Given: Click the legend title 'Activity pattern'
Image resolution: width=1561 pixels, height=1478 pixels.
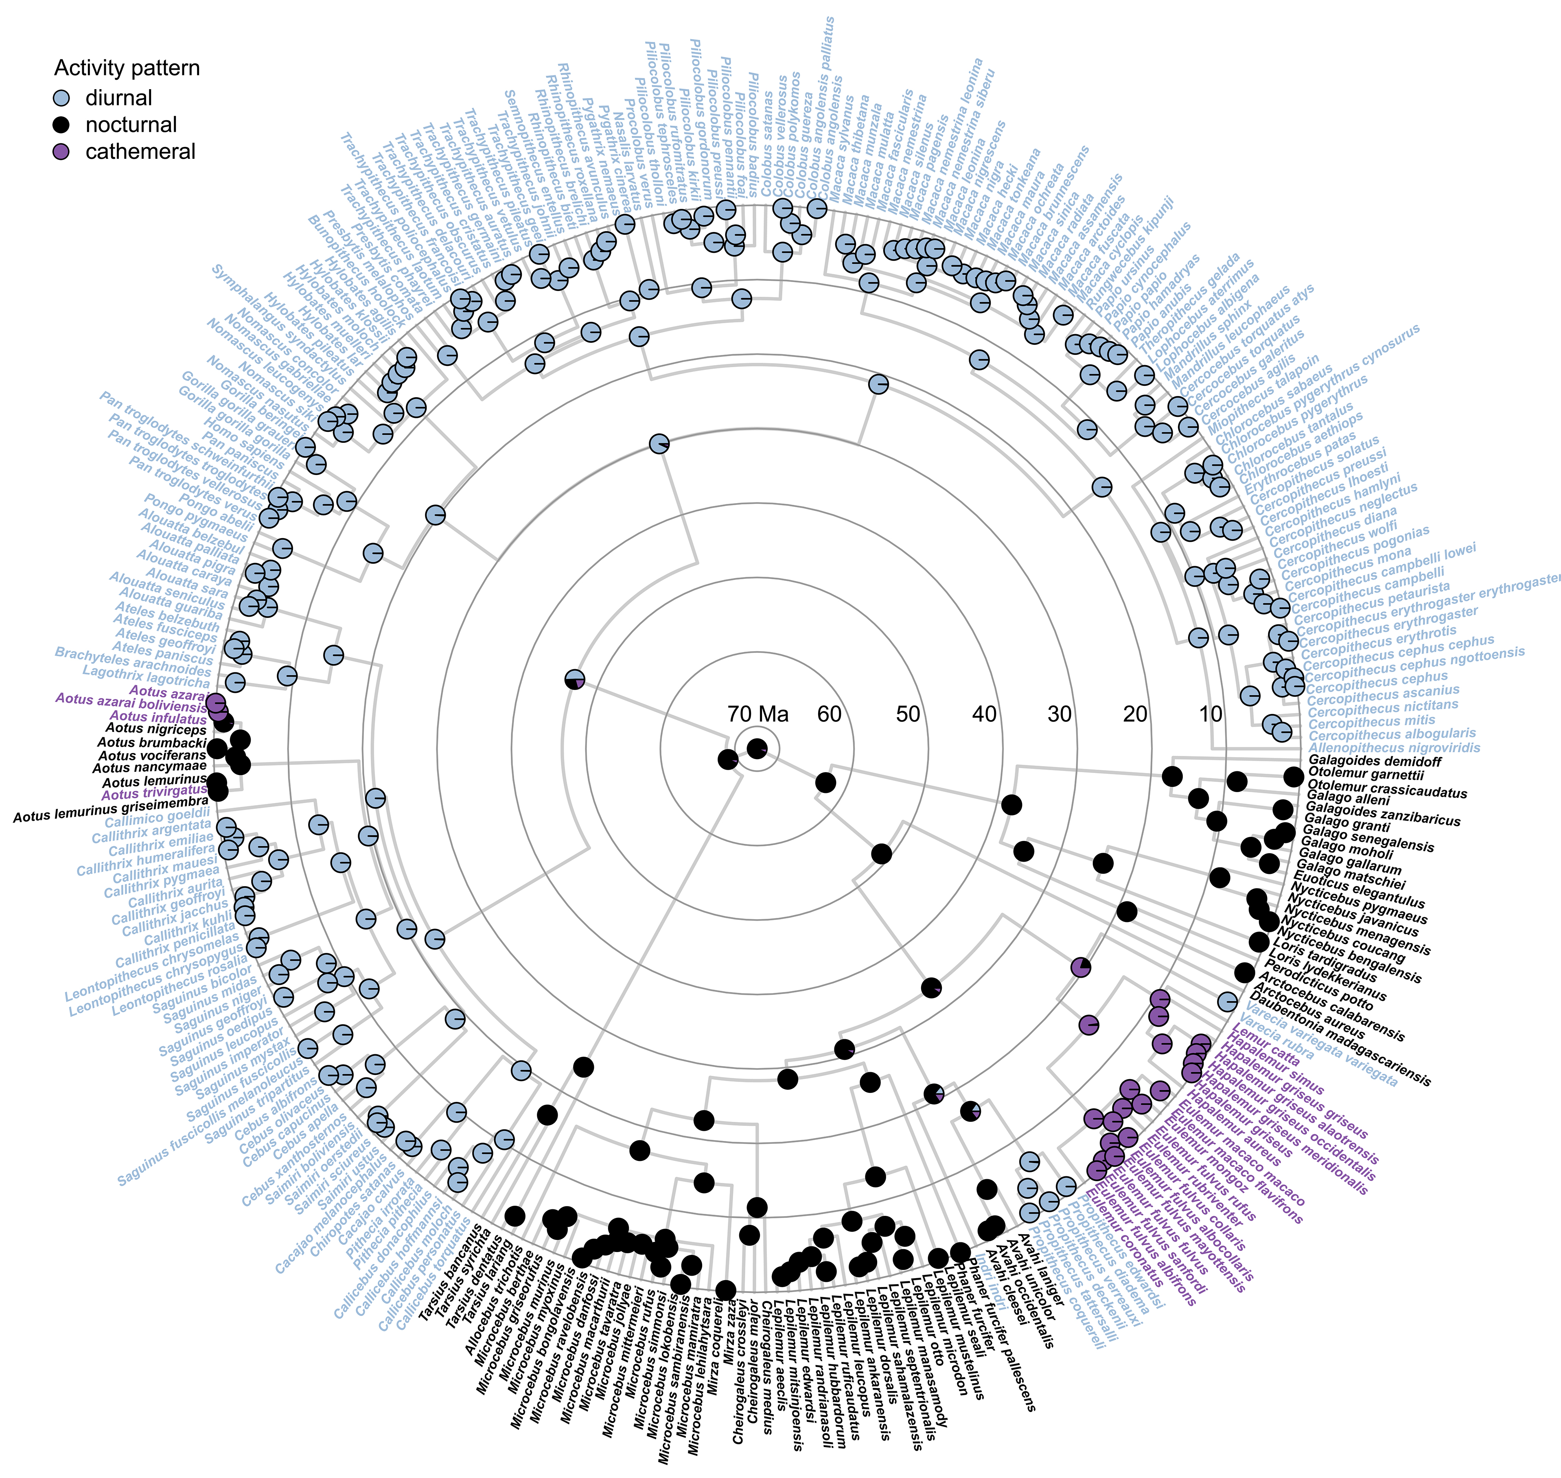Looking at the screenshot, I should point(127,68).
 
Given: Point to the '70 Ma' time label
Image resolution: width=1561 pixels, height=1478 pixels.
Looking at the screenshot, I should point(757,714).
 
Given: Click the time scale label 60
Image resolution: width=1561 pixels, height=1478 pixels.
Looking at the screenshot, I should point(829,714).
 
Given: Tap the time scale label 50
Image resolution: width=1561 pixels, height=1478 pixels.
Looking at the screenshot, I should point(908,714).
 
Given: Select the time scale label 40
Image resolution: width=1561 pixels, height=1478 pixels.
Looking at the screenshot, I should point(984,714).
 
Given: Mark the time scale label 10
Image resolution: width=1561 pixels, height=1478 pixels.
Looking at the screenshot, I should point(1211,714).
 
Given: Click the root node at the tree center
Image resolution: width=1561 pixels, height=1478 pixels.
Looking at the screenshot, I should point(757,749).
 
